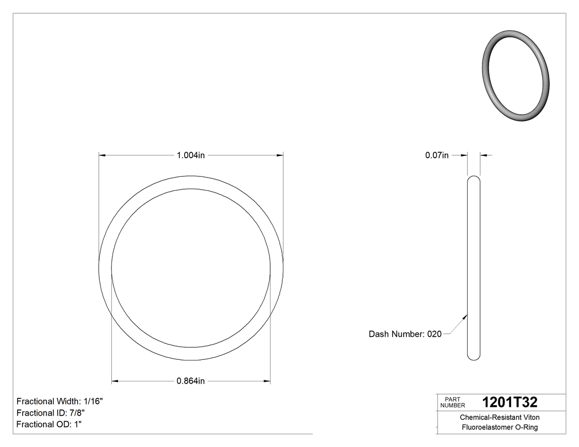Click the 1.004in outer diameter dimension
(x=191, y=155)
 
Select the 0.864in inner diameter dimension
(x=191, y=381)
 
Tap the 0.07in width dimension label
(x=436, y=155)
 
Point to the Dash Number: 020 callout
(x=405, y=334)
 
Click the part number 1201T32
(x=509, y=402)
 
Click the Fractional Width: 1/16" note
(x=60, y=401)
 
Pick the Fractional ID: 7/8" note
(x=51, y=413)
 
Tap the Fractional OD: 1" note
(x=49, y=424)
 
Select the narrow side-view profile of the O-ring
(x=473, y=268)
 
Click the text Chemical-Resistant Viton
(x=499, y=417)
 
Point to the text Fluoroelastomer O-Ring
(x=499, y=428)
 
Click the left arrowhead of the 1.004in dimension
(x=102, y=155)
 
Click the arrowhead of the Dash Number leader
(x=466, y=316)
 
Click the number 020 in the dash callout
(x=435, y=334)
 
